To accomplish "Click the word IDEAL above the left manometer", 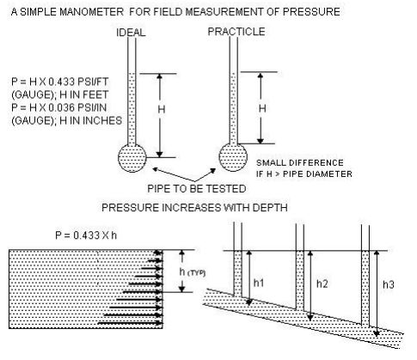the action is pos(131,33).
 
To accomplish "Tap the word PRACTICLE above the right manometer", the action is pos(236,32).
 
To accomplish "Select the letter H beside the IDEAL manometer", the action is pos(162,109).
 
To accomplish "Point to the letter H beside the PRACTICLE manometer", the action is pos(262,108).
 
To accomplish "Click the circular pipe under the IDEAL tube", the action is pos(132,158).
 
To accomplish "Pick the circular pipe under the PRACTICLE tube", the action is pos(233,157).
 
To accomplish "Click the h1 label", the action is pos(259,283).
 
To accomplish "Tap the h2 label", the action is pos(322,284).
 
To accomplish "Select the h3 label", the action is pos(389,284).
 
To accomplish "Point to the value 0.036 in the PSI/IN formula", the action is pos(61,107).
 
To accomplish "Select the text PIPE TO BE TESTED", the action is pos(197,189).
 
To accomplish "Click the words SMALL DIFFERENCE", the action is pos(300,163).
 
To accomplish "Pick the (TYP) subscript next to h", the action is pos(196,273).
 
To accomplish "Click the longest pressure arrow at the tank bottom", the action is pos(130,323).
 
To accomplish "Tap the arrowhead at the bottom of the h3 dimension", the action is pos(377,333).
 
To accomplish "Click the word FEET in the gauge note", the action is pos(95,95).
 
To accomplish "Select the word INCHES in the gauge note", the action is pos(102,120).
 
